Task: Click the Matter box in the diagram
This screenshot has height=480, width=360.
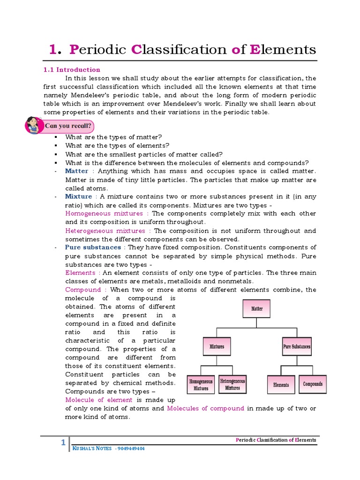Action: (x=256, y=309)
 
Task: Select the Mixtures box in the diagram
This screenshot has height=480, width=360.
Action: (x=217, y=347)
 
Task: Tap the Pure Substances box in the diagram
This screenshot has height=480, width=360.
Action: (x=297, y=347)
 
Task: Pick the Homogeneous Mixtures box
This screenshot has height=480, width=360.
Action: (x=201, y=385)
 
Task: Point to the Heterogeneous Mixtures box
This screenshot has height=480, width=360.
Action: (x=232, y=384)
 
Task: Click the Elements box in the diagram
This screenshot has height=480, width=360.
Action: (x=281, y=385)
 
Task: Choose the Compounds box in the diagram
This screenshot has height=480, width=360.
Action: (x=313, y=384)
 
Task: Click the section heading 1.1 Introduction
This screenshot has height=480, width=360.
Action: (x=72, y=69)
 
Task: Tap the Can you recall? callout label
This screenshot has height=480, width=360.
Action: (x=69, y=126)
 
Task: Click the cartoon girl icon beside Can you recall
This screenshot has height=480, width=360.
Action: (x=33, y=125)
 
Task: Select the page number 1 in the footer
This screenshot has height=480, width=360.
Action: (x=63, y=443)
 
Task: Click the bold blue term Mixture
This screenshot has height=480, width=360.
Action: (x=78, y=196)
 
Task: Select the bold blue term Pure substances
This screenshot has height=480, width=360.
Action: (x=93, y=247)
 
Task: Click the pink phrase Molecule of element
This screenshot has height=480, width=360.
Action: (x=99, y=400)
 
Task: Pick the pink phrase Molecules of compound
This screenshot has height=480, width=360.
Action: (x=205, y=408)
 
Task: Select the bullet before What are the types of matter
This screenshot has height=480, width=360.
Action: (x=55, y=137)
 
